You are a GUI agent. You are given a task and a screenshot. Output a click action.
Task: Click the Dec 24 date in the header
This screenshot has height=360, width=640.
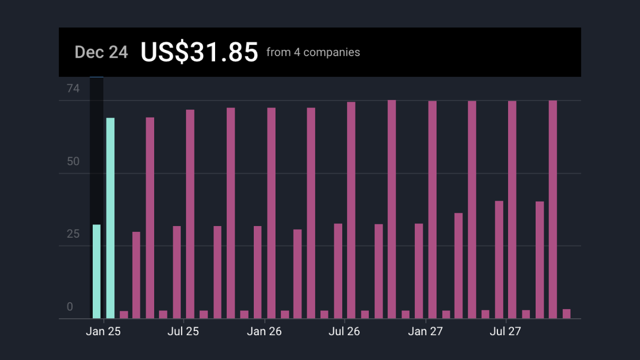point(101,52)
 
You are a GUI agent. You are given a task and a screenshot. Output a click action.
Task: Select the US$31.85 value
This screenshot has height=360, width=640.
point(199,52)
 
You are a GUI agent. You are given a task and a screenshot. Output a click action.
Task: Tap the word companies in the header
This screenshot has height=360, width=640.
point(332,52)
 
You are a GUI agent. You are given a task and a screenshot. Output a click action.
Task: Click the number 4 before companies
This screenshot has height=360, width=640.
point(297,52)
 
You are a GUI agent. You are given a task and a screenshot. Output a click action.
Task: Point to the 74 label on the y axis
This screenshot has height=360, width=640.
point(73,88)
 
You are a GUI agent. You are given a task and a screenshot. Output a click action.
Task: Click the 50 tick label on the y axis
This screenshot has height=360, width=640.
point(73,161)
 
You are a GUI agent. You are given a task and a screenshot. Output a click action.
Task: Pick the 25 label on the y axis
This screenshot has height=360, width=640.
point(73,233)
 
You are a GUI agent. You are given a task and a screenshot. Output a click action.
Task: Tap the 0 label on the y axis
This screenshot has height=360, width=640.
point(70,307)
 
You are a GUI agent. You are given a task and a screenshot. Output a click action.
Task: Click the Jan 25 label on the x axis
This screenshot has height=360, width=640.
point(103,332)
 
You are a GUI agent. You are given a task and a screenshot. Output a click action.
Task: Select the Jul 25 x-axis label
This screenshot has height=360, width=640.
point(183,332)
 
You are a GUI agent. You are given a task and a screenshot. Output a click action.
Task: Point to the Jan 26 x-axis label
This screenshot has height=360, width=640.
point(264,332)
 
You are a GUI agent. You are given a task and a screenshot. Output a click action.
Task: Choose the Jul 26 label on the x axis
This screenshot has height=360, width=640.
point(344,332)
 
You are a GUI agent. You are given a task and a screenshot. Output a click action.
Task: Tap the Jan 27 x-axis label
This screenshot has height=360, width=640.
point(425,332)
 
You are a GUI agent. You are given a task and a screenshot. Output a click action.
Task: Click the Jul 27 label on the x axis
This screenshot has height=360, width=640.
point(505,332)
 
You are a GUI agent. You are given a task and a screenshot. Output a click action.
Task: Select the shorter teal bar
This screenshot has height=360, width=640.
point(96,272)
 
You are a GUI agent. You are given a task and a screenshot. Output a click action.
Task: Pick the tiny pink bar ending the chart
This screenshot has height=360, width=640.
point(566,314)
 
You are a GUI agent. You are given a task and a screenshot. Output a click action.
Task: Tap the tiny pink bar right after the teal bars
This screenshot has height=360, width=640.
point(124,314)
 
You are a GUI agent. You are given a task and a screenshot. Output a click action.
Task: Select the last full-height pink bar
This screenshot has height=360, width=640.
point(553,210)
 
